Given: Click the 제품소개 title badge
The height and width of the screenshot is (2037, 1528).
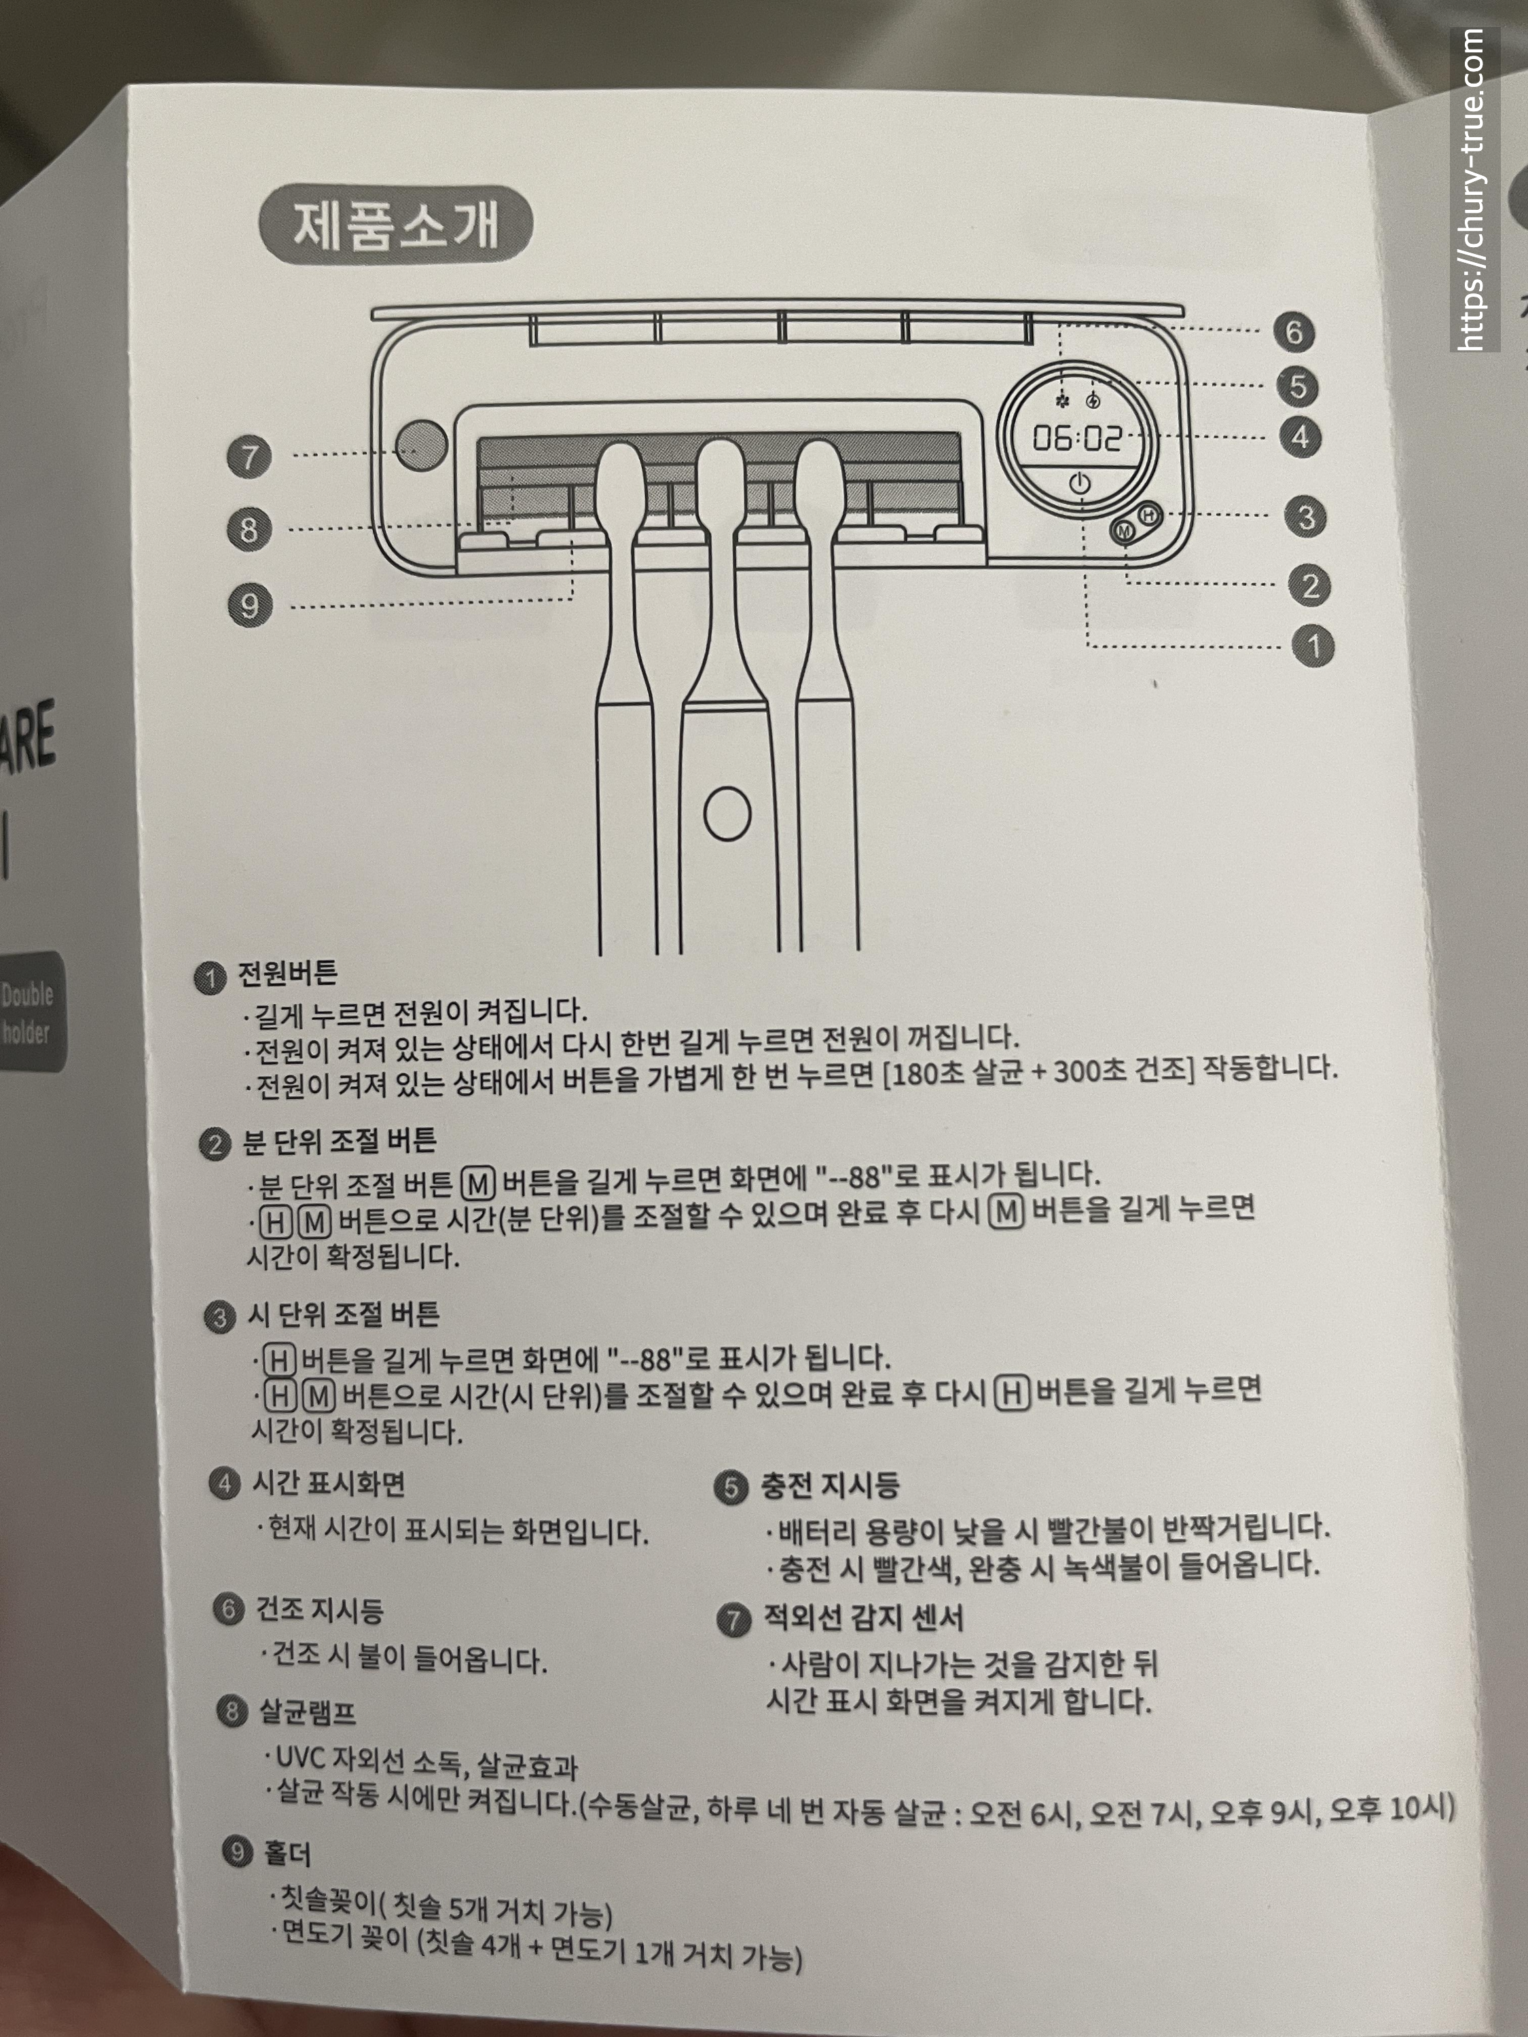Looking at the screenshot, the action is [x=396, y=225].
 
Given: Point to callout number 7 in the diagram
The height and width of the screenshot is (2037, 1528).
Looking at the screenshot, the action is [x=250, y=457].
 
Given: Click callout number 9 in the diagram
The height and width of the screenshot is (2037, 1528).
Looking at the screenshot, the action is [x=250, y=606].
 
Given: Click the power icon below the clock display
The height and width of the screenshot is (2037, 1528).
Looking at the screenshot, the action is [x=1080, y=483].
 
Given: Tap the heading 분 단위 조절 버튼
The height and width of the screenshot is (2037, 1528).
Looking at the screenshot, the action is [x=339, y=1142].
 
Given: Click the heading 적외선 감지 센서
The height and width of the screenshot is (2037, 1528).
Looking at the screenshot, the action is [x=864, y=1617].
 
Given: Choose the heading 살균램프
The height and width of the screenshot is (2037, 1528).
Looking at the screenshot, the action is [x=307, y=1712].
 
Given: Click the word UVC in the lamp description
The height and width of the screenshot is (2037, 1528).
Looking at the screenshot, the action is [x=300, y=1757].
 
